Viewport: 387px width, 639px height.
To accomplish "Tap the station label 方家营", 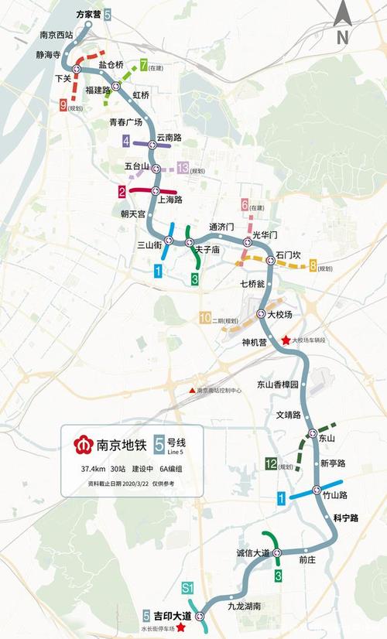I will tap(87, 15).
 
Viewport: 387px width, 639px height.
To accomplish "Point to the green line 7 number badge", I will tap(144, 65).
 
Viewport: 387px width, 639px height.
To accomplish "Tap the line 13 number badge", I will tap(183, 168).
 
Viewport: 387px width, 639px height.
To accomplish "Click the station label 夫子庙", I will tap(207, 250).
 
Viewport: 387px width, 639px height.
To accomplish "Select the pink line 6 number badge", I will tap(245, 205).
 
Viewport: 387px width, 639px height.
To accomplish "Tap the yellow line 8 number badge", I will tap(313, 267).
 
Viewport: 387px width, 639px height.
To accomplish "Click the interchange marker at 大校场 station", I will tap(261, 313).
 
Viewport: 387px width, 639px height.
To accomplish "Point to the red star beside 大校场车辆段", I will tap(286, 340).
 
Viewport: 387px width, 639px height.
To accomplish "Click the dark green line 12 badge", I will tap(271, 464).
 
